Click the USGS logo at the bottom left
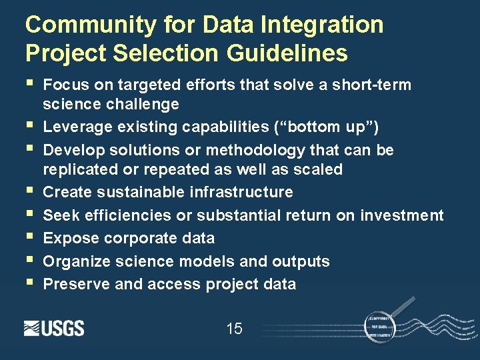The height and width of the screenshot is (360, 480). coord(54,328)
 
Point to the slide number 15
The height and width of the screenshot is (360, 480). coord(234,328)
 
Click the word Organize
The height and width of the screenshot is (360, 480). coord(73,261)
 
